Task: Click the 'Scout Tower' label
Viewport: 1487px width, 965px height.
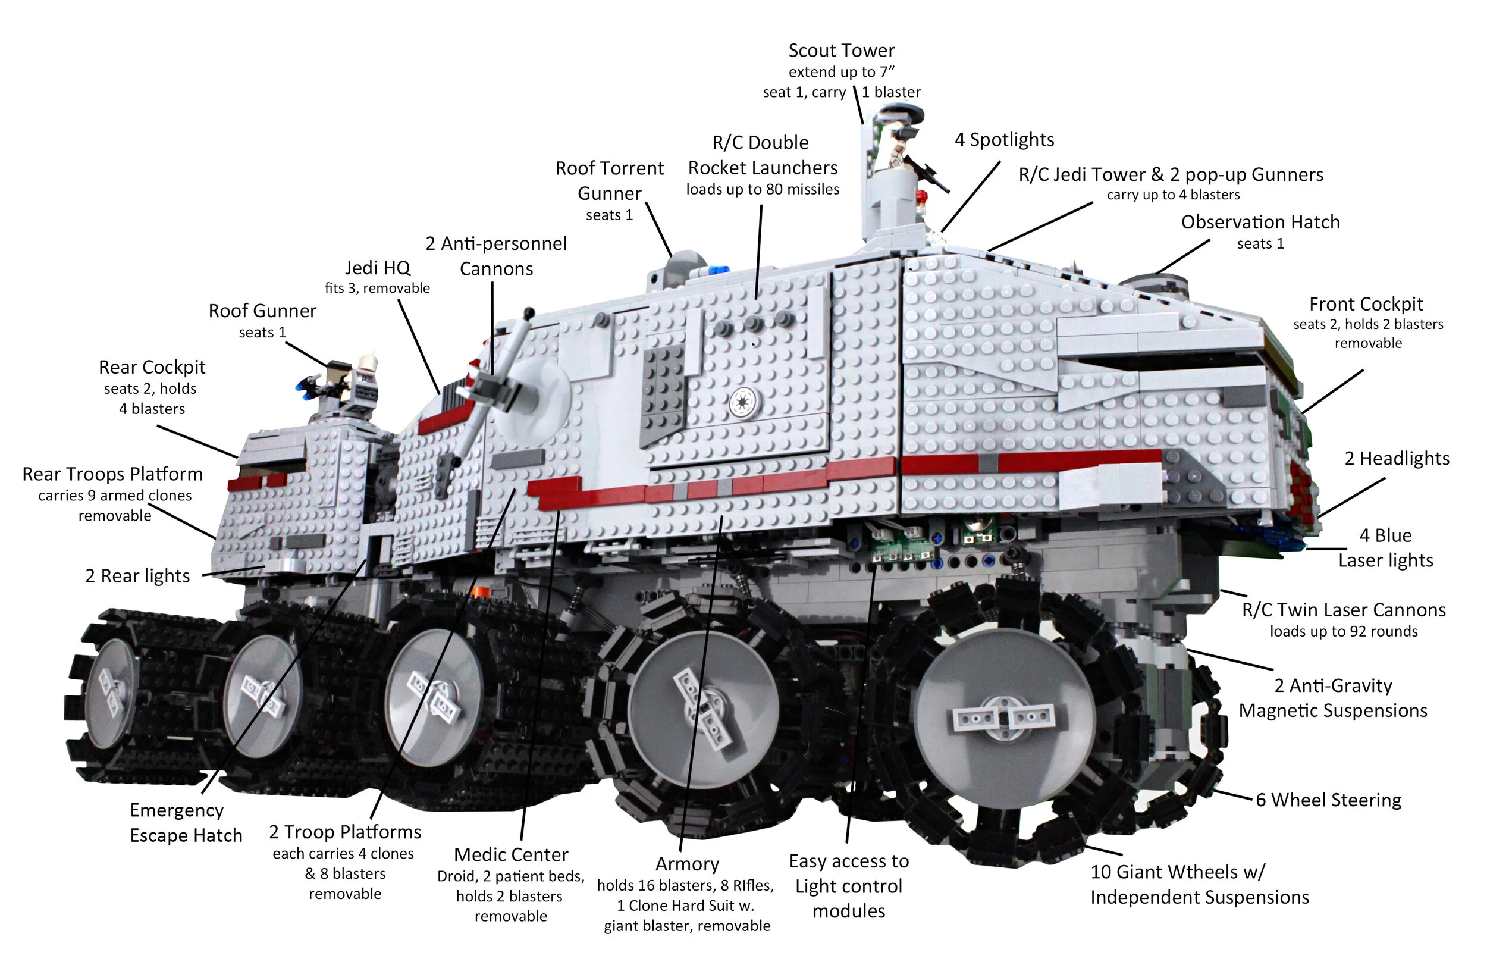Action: (x=841, y=51)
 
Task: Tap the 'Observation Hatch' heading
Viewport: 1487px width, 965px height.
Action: (x=1260, y=223)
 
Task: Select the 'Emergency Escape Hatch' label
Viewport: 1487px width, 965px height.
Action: (x=186, y=822)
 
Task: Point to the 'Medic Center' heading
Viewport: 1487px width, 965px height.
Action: (x=510, y=854)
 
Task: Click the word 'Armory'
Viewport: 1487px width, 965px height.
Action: (x=687, y=864)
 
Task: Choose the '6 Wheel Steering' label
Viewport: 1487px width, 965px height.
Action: (x=1328, y=800)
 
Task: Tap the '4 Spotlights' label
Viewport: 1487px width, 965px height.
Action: (x=1004, y=140)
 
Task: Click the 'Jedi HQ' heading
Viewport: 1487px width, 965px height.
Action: (x=377, y=268)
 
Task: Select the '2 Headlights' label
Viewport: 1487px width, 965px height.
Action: (x=1397, y=459)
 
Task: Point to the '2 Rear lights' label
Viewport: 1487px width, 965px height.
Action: (x=137, y=576)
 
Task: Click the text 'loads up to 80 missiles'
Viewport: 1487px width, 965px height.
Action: (x=763, y=189)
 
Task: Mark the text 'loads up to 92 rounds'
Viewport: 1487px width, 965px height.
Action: (x=1343, y=631)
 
